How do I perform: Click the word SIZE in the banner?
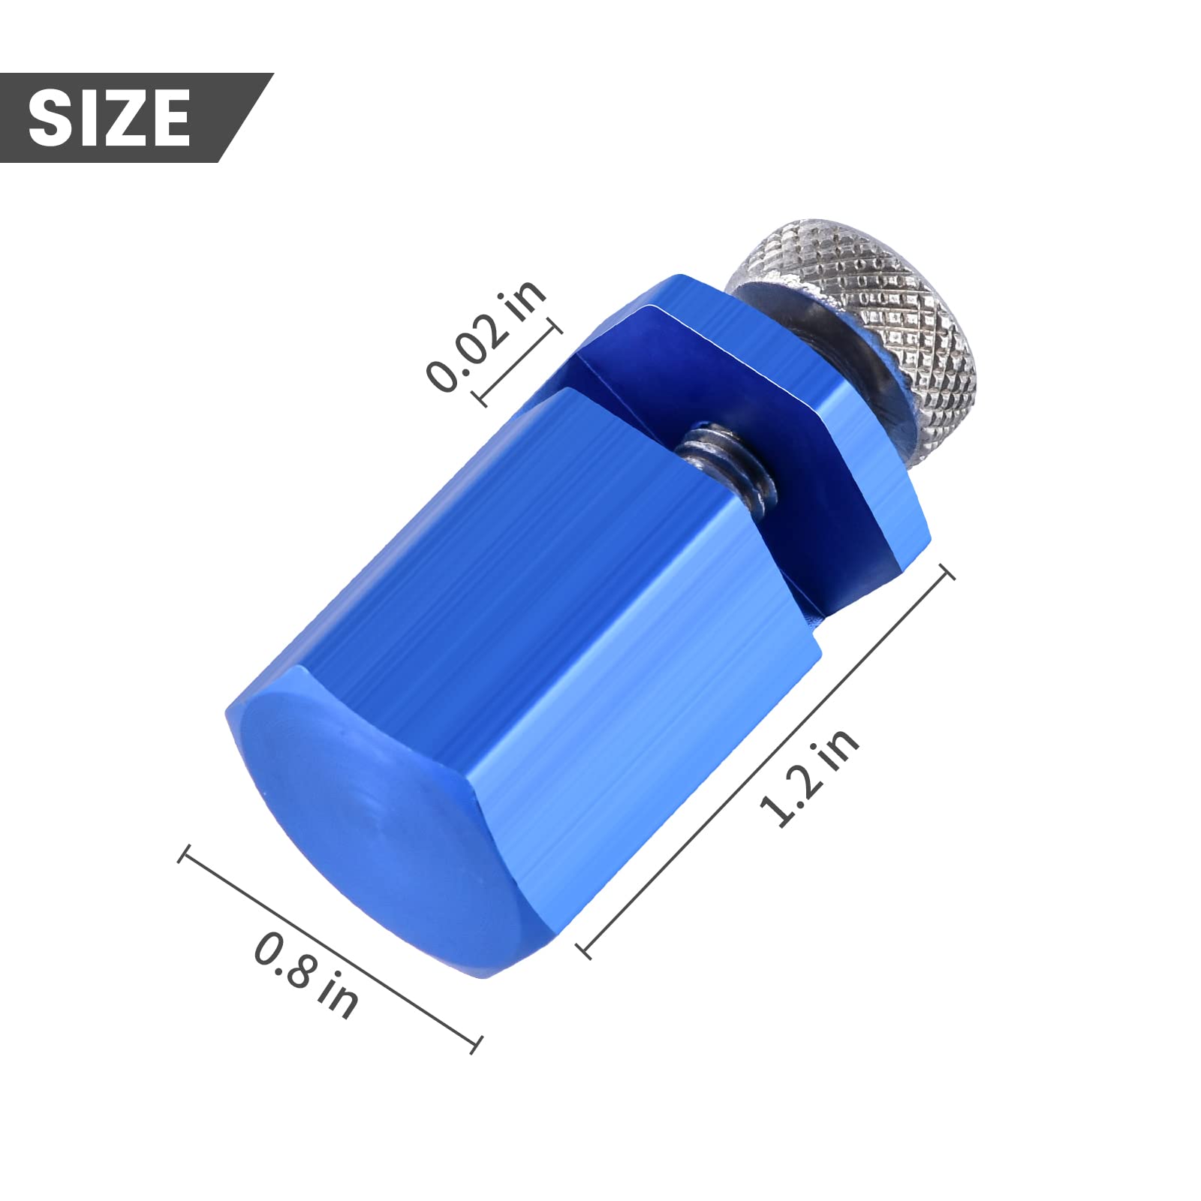pos(110,117)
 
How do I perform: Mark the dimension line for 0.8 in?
pos(329,949)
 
